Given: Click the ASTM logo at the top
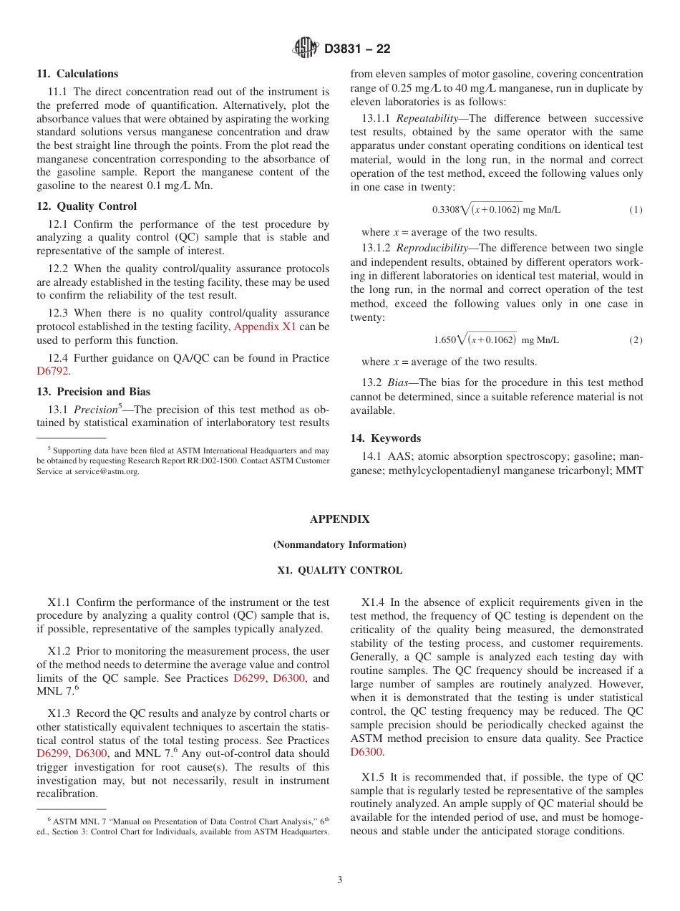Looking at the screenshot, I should (x=306, y=48).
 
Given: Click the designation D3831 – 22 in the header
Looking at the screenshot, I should (x=357, y=49).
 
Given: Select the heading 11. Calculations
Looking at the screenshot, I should (x=77, y=74).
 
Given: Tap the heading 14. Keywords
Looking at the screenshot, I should (x=385, y=438).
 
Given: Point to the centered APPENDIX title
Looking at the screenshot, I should (x=339, y=519).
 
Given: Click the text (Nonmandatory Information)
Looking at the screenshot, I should (x=339, y=545).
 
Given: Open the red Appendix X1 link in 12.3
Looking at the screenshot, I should (x=265, y=327).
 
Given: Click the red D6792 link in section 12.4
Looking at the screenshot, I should (x=53, y=371).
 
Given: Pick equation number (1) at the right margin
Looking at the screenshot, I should (x=636, y=210).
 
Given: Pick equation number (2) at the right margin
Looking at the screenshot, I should (x=636, y=339).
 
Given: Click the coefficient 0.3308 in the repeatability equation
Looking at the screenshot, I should (x=446, y=210).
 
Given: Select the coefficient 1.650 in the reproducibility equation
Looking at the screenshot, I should (x=445, y=339).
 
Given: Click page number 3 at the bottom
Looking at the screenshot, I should (x=339, y=879).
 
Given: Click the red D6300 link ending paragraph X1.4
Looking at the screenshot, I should (x=366, y=752).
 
